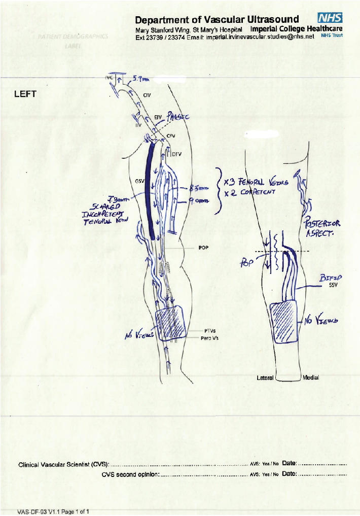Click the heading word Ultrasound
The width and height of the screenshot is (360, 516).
click(x=273, y=20)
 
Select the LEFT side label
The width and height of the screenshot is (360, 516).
click(x=23, y=95)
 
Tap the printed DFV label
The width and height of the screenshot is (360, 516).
click(x=176, y=154)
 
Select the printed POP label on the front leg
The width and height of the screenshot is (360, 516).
click(x=203, y=249)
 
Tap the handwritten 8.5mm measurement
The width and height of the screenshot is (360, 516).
click(x=195, y=187)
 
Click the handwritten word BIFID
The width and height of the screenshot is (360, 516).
click(x=330, y=278)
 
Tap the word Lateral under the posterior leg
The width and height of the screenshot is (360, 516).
click(x=266, y=378)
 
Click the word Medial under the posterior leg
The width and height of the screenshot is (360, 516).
click(x=310, y=378)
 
